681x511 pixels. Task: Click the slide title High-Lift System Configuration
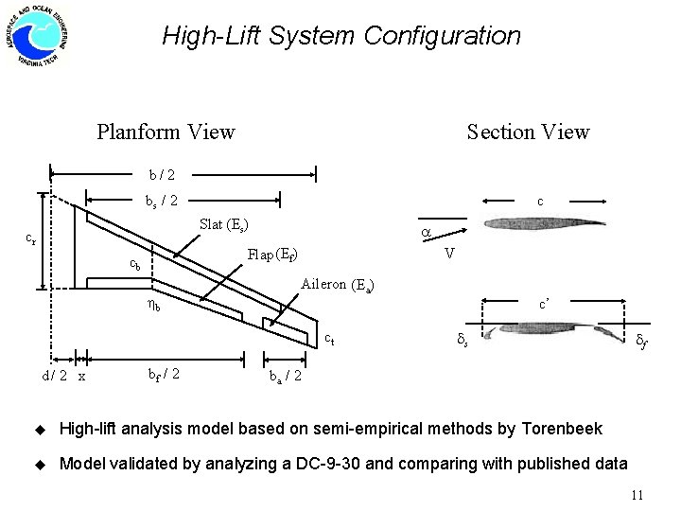pos(340,36)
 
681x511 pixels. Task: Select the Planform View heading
pos(166,132)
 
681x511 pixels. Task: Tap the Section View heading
pos(528,132)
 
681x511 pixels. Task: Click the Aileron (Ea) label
pos(338,283)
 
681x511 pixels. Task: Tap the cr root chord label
pos(31,239)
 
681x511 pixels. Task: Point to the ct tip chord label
pos(328,338)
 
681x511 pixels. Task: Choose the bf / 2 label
pos(166,374)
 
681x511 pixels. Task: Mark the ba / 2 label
pos(286,376)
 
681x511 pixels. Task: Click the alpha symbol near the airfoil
pos(427,231)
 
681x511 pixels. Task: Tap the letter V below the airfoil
pos(450,253)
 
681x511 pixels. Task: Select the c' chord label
pos(547,305)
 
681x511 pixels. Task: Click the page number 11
pos(636,494)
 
